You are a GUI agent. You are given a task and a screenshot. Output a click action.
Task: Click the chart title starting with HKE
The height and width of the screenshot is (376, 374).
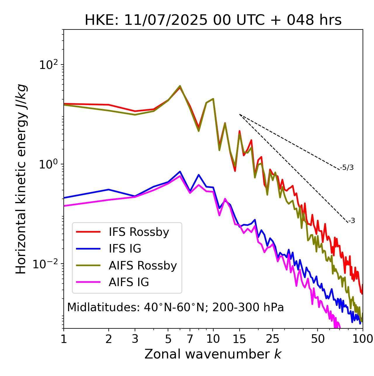(213, 20)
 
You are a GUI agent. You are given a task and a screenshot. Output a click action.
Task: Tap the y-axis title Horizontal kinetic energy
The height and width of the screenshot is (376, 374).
(21, 179)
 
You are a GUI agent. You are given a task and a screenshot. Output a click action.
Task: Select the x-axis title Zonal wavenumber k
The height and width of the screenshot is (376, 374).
(213, 354)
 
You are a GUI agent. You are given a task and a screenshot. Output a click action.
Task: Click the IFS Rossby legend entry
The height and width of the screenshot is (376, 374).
(139, 232)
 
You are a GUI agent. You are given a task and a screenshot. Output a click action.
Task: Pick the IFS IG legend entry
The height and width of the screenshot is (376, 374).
(125, 249)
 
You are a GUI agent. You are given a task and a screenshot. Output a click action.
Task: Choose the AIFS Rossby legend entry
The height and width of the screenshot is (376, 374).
(143, 266)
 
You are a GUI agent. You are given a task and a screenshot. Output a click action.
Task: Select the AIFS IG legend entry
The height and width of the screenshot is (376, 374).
(129, 282)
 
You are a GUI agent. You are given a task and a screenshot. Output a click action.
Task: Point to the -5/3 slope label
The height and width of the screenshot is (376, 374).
(347, 168)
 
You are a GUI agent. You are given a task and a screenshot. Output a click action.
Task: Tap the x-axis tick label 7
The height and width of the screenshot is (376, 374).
(190, 339)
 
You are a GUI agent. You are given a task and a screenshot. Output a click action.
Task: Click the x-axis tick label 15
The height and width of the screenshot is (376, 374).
(239, 339)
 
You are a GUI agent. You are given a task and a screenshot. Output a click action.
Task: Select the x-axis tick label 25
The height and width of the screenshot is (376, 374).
(273, 339)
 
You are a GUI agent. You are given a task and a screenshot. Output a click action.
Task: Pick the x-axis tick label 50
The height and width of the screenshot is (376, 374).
(318, 339)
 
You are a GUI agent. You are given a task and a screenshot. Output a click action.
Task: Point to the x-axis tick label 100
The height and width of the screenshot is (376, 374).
(363, 339)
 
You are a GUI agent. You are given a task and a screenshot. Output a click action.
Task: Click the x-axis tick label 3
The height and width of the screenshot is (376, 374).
(135, 339)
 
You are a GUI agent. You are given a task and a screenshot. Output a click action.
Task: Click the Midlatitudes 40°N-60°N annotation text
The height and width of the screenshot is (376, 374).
(175, 307)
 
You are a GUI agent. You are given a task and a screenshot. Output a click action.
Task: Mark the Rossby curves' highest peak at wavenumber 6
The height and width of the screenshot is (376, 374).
(180, 86)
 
